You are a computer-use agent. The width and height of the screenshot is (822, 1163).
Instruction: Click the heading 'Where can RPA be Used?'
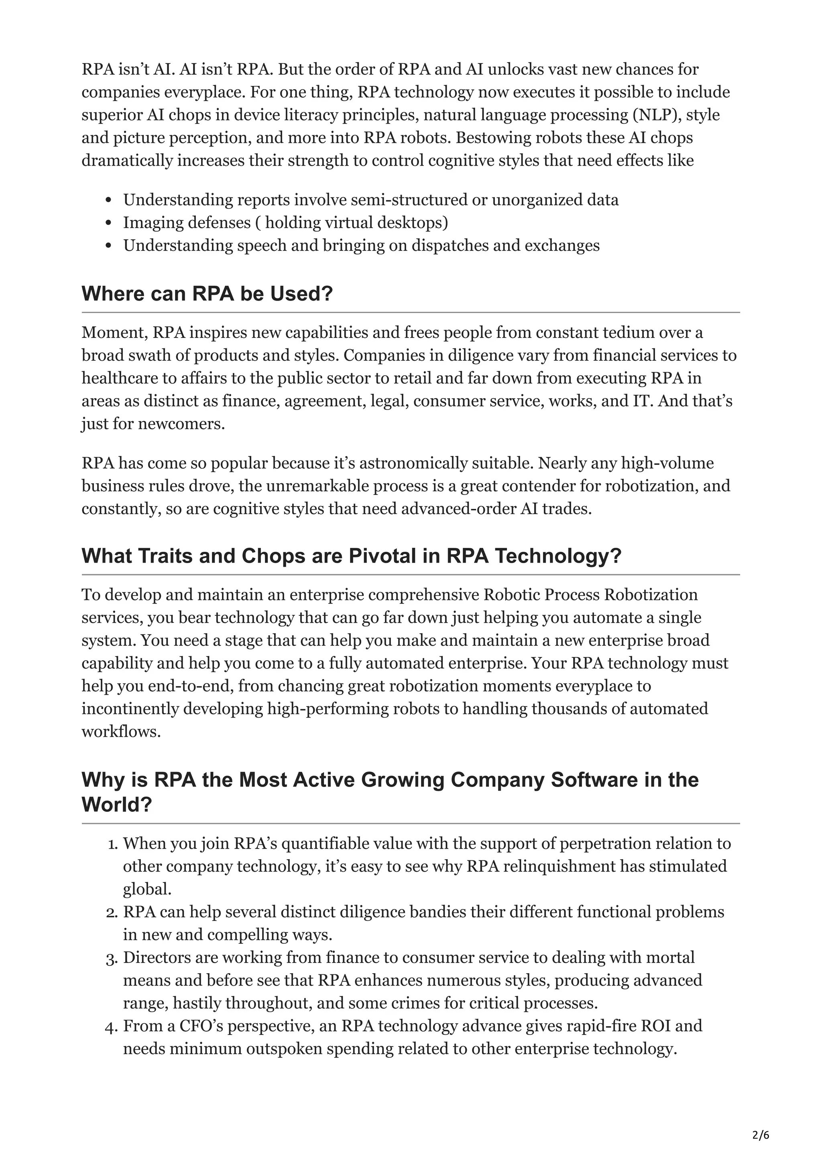click(x=207, y=294)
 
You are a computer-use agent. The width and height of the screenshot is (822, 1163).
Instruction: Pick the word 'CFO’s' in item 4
click(x=201, y=1026)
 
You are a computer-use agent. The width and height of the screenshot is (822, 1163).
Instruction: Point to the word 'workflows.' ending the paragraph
click(x=121, y=732)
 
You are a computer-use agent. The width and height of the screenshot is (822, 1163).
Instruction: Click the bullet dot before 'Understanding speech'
click(x=108, y=246)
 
